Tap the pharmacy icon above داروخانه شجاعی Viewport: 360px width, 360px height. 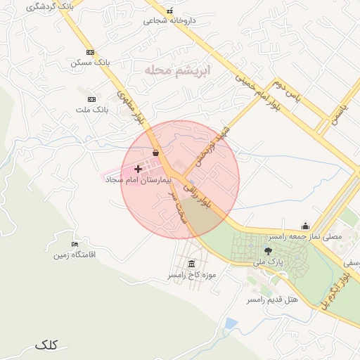click(x=169, y=11)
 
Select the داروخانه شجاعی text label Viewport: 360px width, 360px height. click(x=169, y=20)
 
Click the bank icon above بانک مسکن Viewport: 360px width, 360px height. click(x=90, y=52)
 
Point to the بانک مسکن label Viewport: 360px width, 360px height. click(x=91, y=63)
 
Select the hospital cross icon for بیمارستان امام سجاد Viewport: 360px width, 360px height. click(x=137, y=169)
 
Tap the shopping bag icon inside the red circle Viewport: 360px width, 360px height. click(x=155, y=153)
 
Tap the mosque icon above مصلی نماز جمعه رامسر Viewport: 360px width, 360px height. click(x=305, y=226)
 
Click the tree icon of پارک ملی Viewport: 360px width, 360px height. click(x=268, y=250)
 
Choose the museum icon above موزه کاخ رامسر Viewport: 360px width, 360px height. click(x=192, y=264)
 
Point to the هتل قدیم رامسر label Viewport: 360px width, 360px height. click(x=272, y=300)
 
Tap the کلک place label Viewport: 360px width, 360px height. click(x=46, y=345)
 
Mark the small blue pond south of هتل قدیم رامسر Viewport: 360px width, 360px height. click(x=231, y=323)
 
